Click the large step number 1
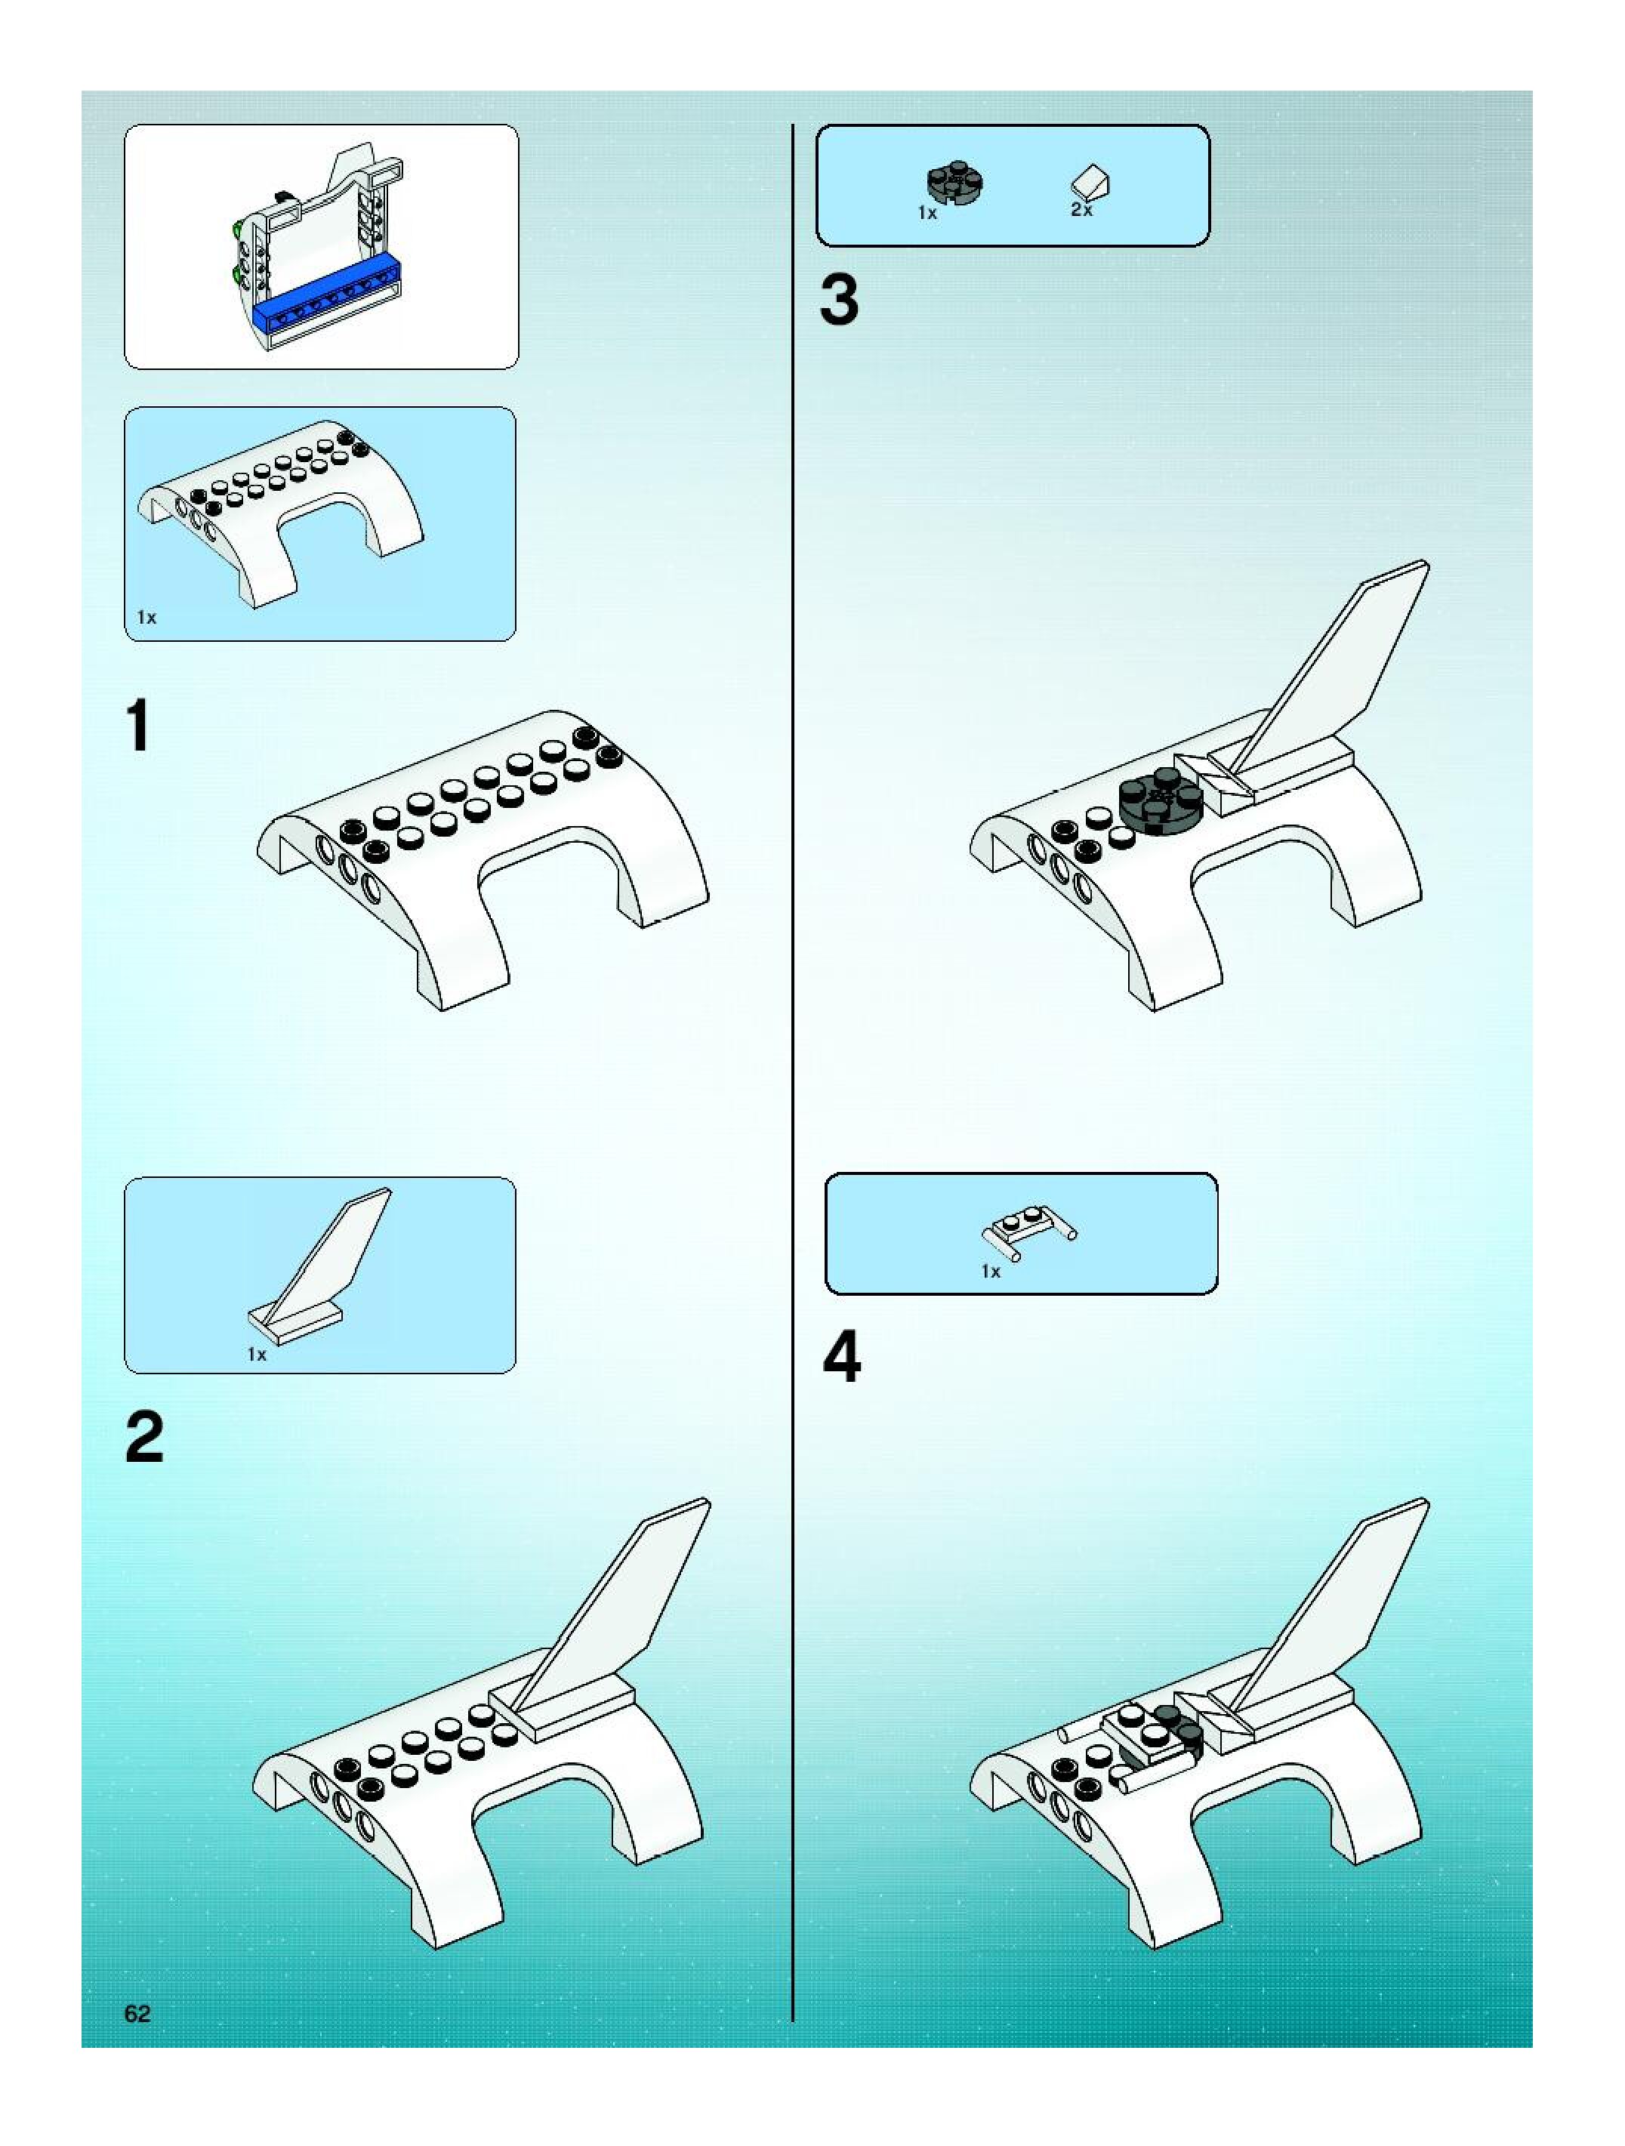139,726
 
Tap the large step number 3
839,300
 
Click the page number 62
137,2013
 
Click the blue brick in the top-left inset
327,304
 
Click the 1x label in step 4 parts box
991,1271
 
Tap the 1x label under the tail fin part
256,1355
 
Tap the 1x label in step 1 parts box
146,617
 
